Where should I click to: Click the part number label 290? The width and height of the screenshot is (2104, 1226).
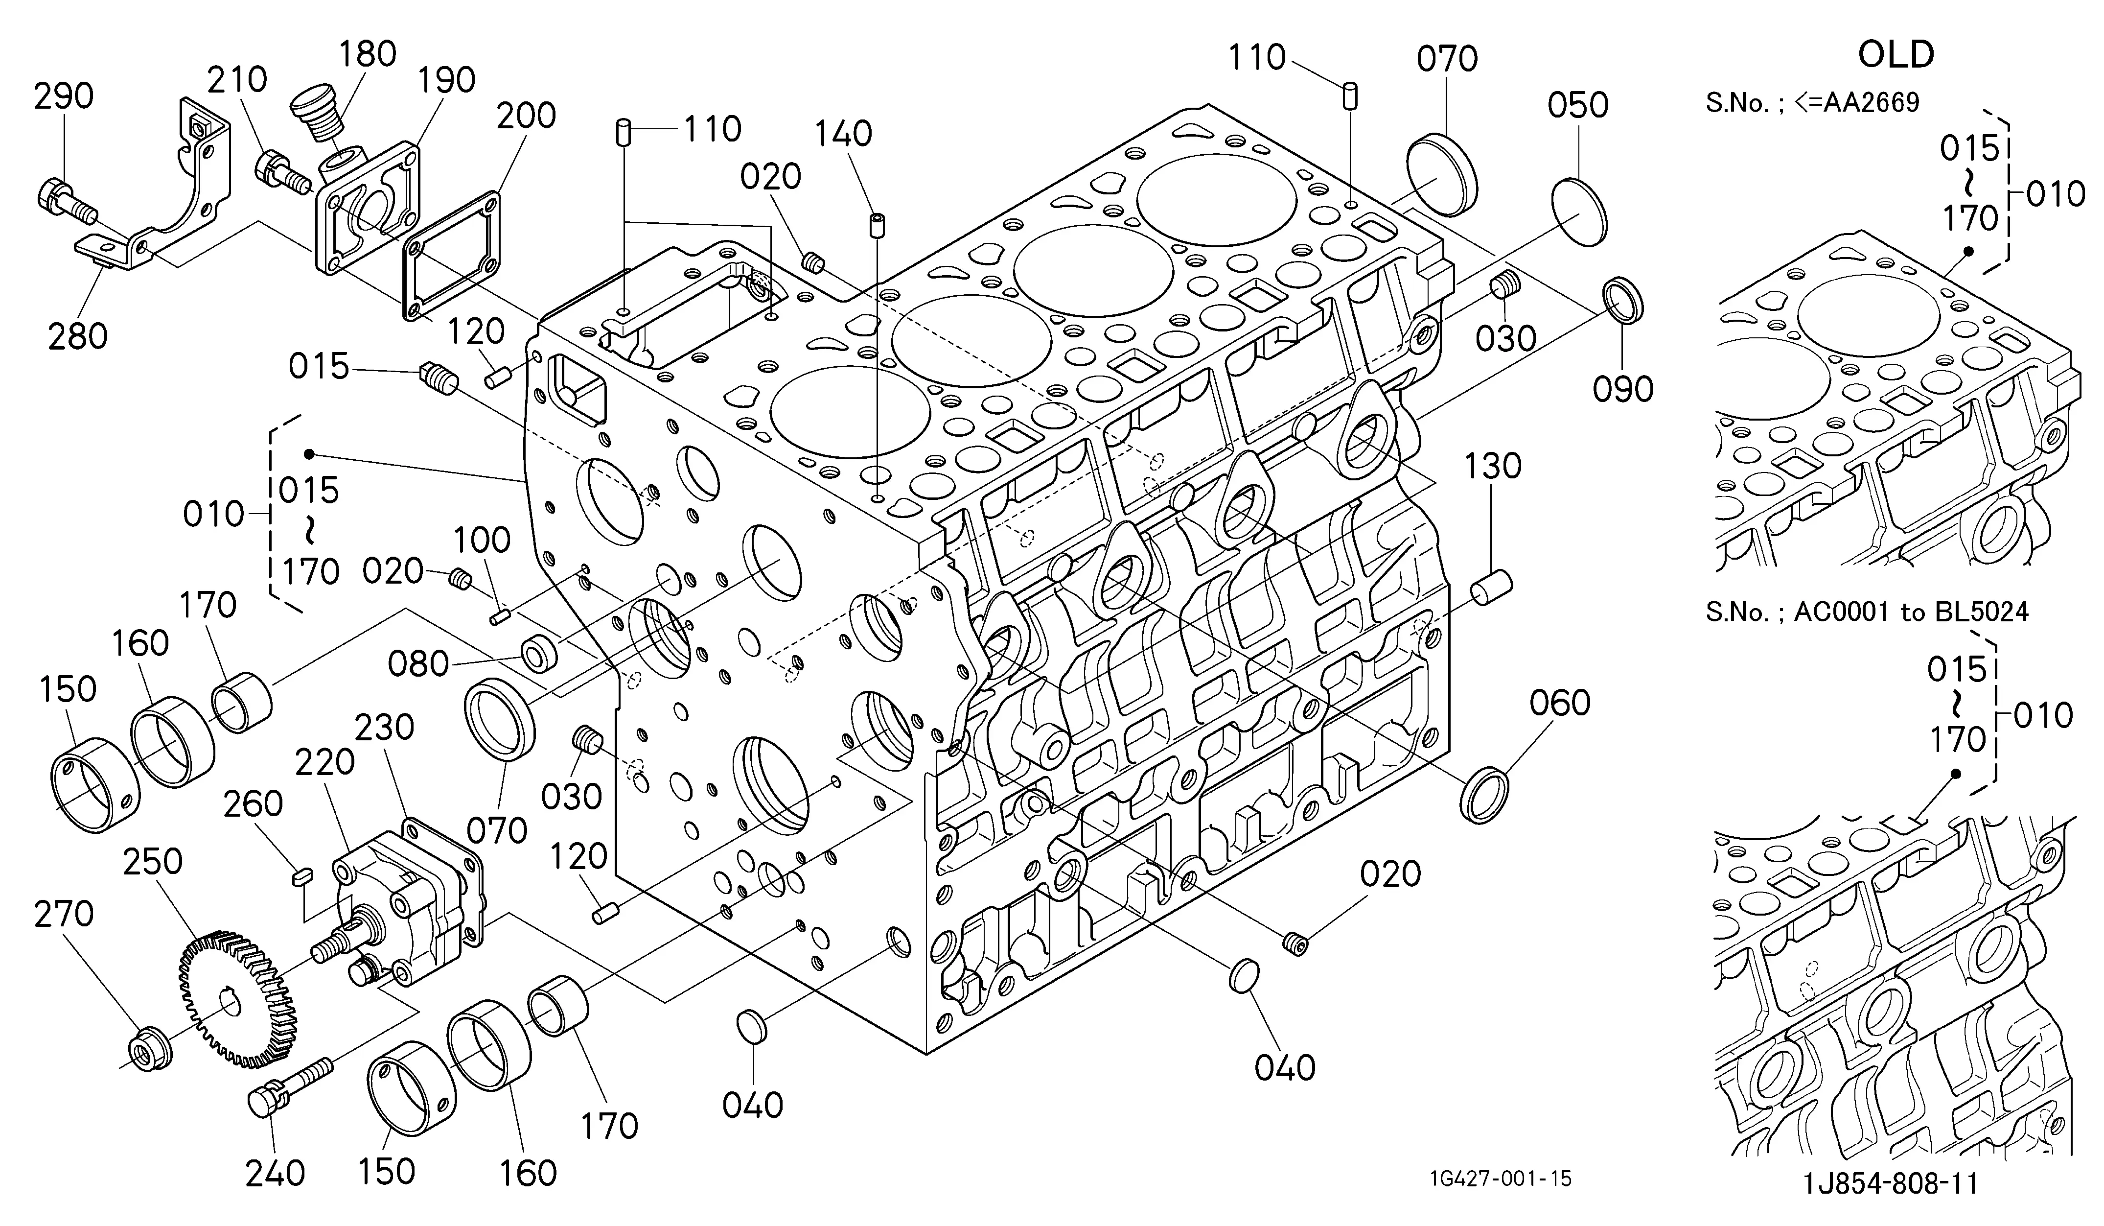click(64, 97)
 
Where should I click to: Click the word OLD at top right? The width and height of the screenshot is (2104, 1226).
click(1896, 55)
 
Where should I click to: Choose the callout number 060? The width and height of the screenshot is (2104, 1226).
click(1560, 703)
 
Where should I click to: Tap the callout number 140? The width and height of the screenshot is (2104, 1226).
click(843, 134)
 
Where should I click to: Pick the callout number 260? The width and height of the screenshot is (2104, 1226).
click(253, 804)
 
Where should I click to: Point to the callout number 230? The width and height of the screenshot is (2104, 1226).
click(384, 728)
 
